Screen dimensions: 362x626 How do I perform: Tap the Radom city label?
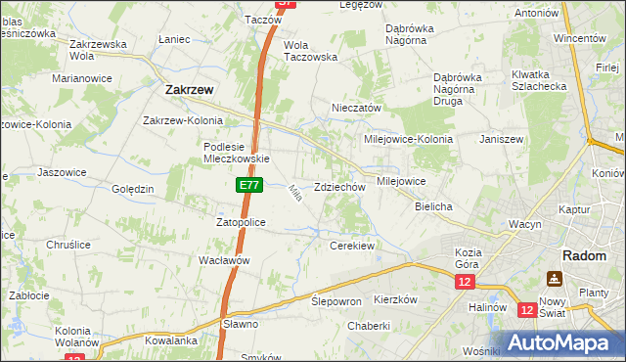(x=582, y=254)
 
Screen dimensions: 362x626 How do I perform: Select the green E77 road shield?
(x=247, y=184)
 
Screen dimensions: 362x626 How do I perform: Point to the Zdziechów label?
(x=339, y=187)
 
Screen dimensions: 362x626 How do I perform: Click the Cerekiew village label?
(x=352, y=246)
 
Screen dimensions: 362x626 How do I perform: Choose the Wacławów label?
(x=225, y=260)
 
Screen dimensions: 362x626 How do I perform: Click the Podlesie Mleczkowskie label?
(x=236, y=153)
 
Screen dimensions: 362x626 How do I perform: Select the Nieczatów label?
(x=356, y=109)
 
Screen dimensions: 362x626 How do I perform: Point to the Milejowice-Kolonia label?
(x=408, y=139)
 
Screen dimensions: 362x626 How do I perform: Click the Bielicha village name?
(x=432, y=207)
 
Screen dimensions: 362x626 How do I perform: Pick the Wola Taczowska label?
(x=310, y=51)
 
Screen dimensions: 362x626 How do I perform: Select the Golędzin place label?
(x=133, y=189)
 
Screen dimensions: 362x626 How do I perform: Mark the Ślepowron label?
(x=336, y=301)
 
